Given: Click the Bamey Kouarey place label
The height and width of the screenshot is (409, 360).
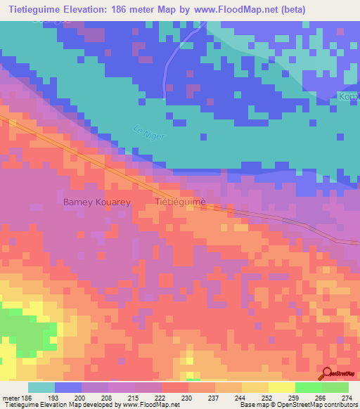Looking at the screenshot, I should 98,202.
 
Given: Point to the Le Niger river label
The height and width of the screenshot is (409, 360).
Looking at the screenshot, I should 146,131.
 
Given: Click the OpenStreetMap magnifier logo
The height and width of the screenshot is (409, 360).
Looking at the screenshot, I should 327,374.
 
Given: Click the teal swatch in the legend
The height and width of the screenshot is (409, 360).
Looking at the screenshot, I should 41,387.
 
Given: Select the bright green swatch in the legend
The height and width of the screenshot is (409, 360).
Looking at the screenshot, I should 308,387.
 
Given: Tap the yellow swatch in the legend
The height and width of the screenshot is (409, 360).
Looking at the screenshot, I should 281,387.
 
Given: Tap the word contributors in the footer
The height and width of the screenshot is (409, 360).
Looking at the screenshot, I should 339,405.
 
